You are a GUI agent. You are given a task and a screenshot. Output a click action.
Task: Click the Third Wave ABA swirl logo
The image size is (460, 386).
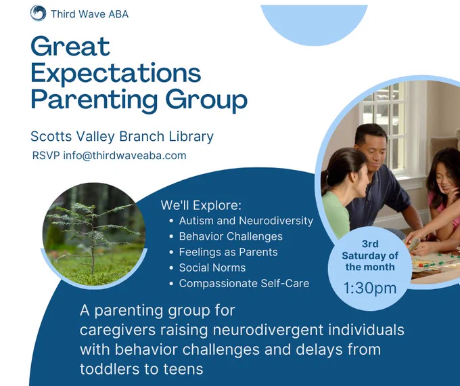coord(38,14)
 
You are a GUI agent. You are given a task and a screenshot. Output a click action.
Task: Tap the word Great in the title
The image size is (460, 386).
coord(70,46)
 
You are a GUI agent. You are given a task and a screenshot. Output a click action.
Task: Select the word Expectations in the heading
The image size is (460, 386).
coord(116,73)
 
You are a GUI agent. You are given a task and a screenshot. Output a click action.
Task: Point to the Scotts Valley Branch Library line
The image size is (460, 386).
coord(122,136)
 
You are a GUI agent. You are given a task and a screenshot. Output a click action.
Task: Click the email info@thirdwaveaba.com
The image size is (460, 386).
coord(124,155)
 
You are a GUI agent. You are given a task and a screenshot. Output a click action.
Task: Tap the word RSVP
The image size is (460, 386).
coord(46,155)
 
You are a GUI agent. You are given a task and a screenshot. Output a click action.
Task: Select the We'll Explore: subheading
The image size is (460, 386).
coord(201,205)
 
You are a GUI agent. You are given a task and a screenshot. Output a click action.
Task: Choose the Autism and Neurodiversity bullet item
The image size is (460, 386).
coord(246,221)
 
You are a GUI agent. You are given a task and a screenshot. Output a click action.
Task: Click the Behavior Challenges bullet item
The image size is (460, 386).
coord(231,236)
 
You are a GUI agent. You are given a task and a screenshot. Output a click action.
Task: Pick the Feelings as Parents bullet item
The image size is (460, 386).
coord(228,252)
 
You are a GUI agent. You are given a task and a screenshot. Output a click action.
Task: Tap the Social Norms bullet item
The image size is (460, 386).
coord(212,267)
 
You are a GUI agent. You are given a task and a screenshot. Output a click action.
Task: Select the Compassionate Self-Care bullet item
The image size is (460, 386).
coord(244,284)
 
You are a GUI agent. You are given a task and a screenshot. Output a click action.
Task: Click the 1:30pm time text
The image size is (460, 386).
coord(370,288)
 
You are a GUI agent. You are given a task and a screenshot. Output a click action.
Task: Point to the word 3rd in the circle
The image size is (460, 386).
coord(370,244)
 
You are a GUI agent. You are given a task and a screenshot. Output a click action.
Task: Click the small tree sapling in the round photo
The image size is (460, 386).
coord(93,235)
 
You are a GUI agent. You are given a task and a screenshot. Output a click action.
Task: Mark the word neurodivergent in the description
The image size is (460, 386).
coord(268,330)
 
